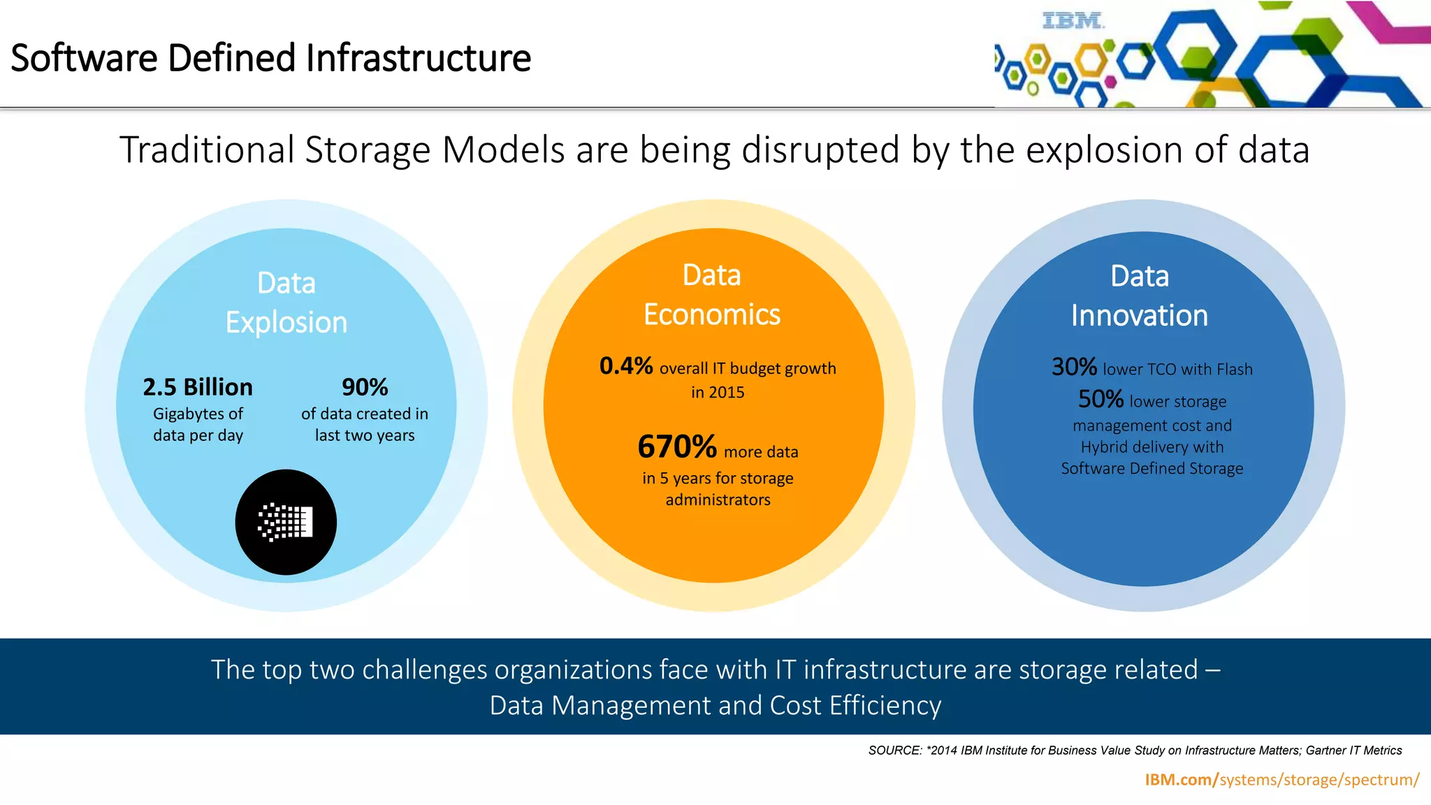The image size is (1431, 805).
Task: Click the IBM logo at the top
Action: tap(1073, 21)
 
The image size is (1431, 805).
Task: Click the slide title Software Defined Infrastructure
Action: tap(270, 58)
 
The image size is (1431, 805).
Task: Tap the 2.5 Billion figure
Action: tap(198, 387)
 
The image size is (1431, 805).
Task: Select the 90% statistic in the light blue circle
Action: tap(365, 387)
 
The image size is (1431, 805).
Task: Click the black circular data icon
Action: tap(286, 522)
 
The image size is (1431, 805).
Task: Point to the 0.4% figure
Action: tap(626, 365)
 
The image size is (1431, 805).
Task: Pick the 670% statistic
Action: tap(677, 447)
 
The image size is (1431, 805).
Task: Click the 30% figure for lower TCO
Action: tap(1074, 367)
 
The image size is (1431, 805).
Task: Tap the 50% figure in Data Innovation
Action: tap(1101, 399)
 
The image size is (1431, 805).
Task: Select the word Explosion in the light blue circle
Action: tap(286, 323)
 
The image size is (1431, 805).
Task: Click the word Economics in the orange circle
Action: tap(712, 315)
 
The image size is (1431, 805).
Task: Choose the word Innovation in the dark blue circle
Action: tap(1140, 316)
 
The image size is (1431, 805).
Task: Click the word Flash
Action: tap(1235, 370)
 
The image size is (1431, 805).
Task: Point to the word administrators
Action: tap(718, 500)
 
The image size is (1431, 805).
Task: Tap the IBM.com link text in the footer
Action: tap(1181, 780)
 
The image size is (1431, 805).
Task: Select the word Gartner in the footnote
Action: tap(1325, 750)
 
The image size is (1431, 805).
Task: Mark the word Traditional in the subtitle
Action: tap(207, 150)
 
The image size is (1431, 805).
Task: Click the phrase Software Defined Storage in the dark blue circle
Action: tap(1152, 469)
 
